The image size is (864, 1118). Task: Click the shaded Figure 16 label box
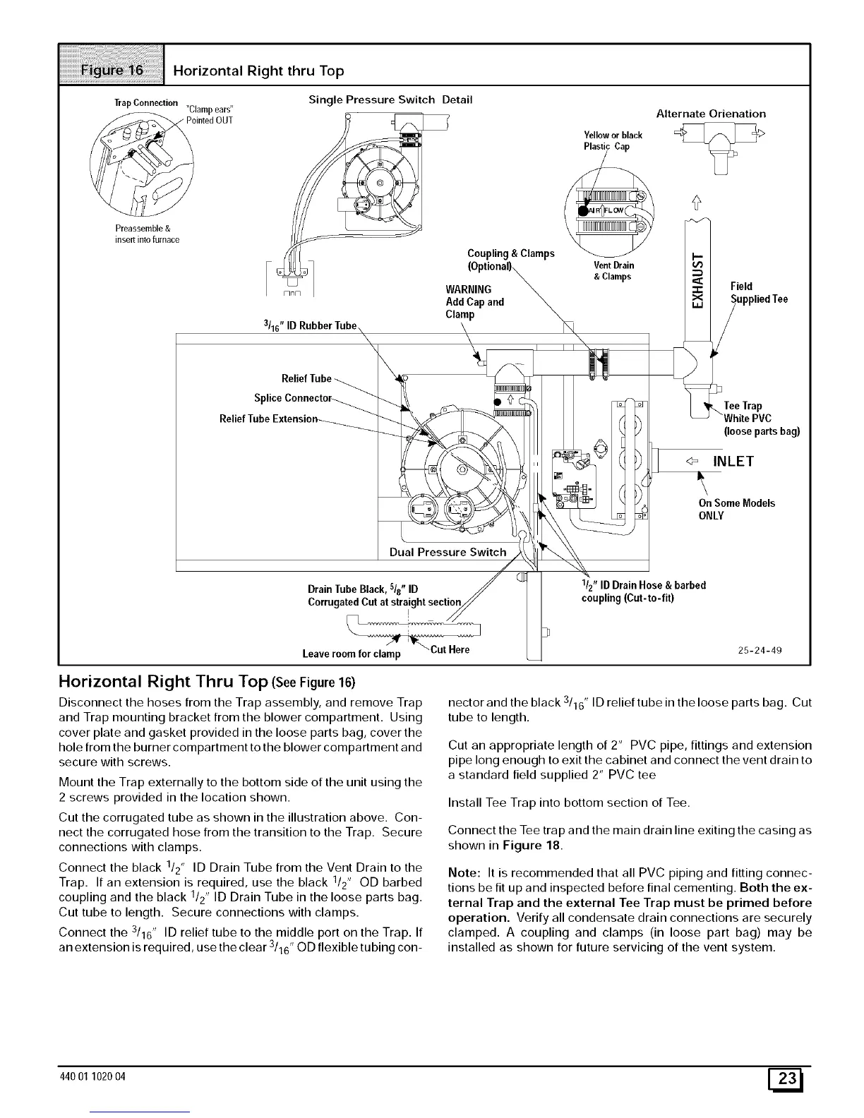(111, 70)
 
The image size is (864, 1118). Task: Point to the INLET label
(733, 462)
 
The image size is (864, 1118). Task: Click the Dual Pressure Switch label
(448, 552)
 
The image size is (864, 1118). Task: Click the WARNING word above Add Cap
(469, 289)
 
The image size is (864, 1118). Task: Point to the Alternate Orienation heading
(711, 114)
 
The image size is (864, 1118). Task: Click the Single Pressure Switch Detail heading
(390, 100)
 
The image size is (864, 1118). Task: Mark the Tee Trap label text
(743, 406)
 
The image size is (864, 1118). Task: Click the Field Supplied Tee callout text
(759, 293)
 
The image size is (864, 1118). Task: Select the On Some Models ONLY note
(736, 509)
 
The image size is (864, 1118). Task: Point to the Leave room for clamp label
(351, 654)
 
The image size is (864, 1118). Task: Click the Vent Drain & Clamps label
(613, 270)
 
